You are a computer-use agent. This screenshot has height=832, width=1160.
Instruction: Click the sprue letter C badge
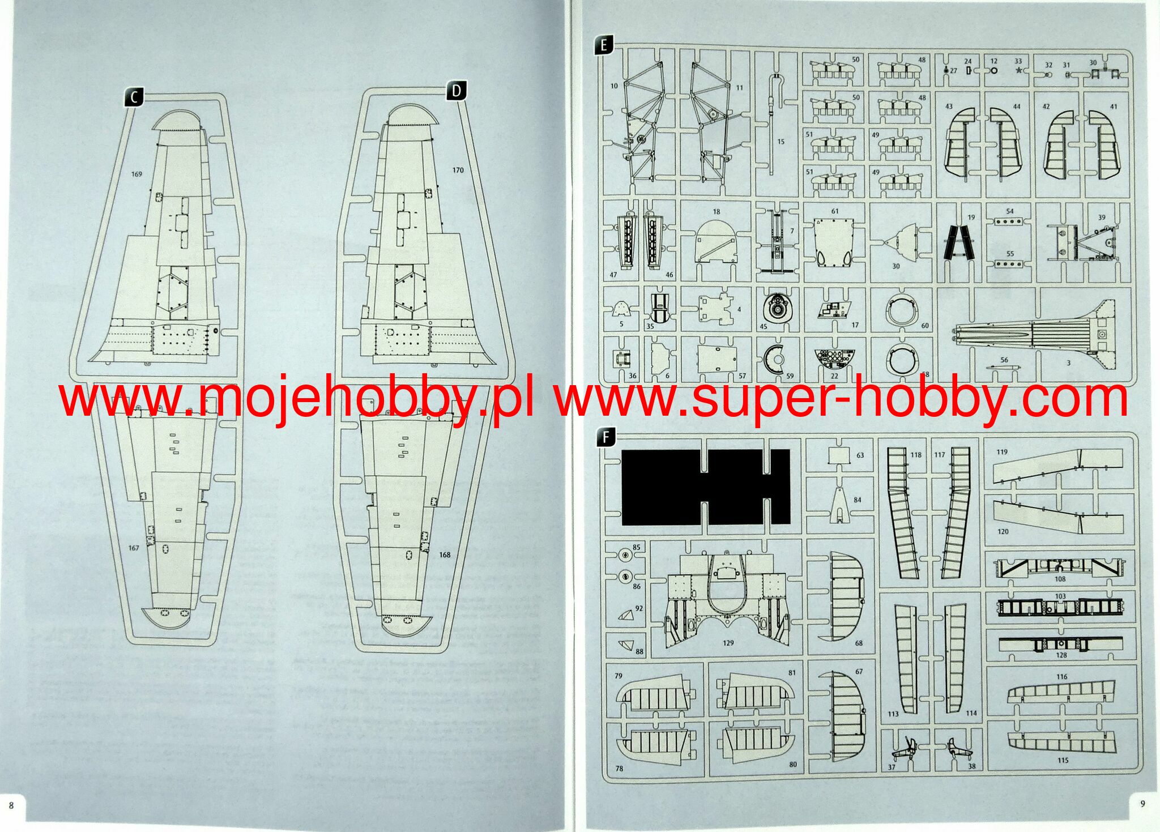134,97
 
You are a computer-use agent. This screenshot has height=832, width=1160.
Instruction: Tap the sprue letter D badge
457,91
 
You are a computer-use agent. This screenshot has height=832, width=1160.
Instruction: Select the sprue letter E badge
604,45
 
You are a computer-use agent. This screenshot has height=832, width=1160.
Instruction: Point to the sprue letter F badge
605,437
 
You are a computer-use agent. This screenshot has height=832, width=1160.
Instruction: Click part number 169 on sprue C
137,174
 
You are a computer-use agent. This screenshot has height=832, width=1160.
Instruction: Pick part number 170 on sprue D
458,170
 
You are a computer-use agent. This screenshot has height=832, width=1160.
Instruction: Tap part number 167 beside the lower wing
134,548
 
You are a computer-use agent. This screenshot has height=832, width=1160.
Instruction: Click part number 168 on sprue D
445,554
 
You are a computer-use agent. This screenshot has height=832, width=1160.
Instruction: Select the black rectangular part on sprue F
705,487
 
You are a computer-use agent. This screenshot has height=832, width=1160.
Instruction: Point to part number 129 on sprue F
728,643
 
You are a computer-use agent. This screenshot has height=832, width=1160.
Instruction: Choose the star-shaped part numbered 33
1018,71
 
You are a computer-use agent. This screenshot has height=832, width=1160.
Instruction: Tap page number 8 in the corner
10,805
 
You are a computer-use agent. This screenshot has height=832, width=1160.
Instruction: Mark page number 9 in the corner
1142,804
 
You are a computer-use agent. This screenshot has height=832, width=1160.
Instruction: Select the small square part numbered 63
839,455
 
